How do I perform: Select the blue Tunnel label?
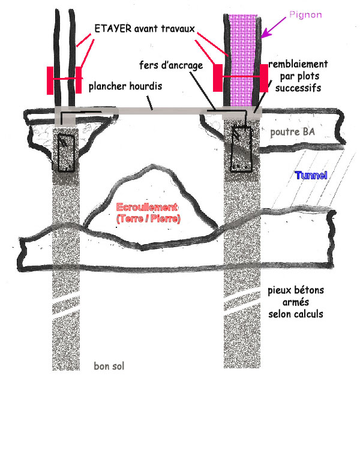311,176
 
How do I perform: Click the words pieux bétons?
295,291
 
